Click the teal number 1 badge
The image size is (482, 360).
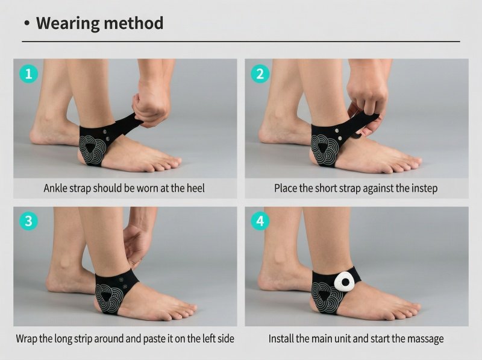(x=28, y=74)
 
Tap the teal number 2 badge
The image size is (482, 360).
(x=260, y=74)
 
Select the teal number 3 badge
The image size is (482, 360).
(x=28, y=221)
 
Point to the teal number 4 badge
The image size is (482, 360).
(x=260, y=221)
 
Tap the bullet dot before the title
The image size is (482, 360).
(x=27, y=24)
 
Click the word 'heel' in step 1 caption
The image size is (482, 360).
(x=195, y=188)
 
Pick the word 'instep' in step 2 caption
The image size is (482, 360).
(x=424, y=188)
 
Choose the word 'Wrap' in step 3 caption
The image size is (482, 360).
(x=27, y=339)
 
